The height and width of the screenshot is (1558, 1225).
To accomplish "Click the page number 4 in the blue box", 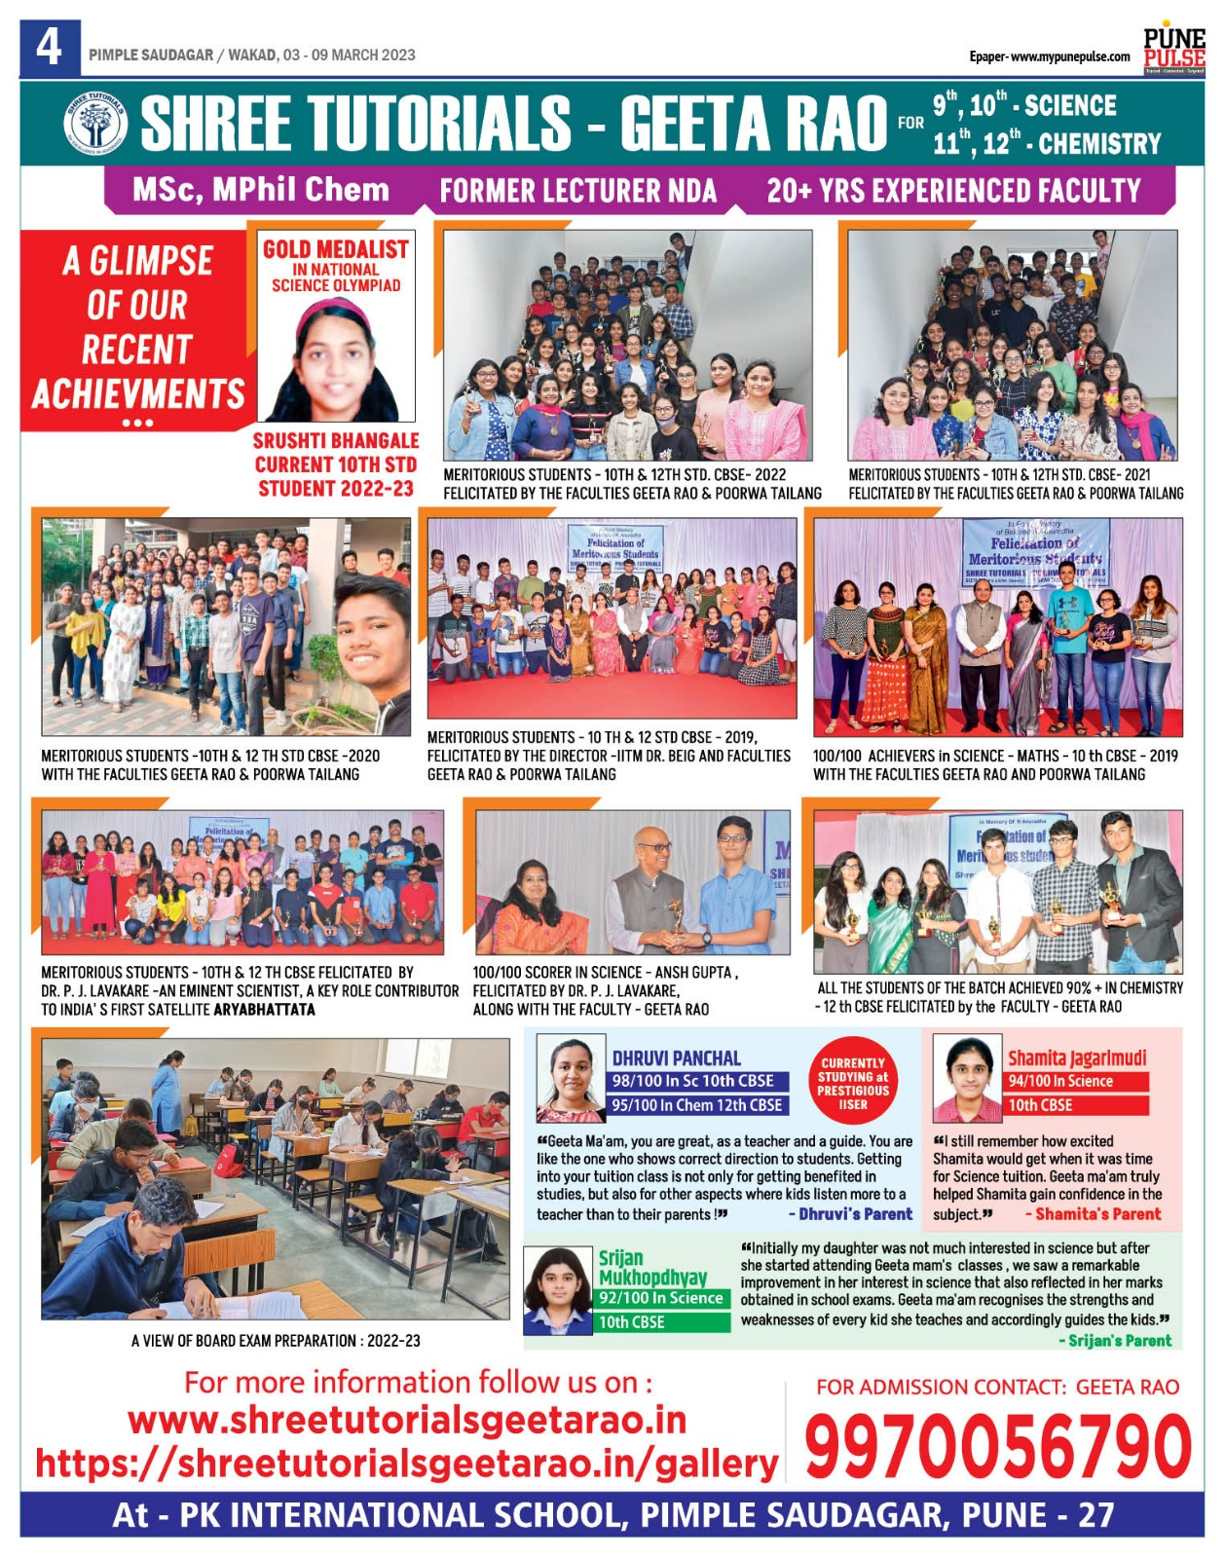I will click(x=50, y=48).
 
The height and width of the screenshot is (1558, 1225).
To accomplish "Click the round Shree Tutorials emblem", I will click(x=94, y=124).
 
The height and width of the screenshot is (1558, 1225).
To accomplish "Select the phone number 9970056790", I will click(x=997, y=1448).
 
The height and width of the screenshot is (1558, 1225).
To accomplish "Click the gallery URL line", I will click(x=406, y=1463).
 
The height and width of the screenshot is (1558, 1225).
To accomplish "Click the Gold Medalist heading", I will click(x=336, y=249).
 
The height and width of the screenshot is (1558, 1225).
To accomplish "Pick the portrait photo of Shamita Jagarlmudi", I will click(x=967, y=1079).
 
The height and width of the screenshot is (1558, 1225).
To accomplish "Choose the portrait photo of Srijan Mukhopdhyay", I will click(x=558, y=1290).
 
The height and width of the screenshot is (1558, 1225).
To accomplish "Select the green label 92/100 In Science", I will click(x=661, y=1298).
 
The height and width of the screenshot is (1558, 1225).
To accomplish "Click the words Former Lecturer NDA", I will click(x=577, y=191).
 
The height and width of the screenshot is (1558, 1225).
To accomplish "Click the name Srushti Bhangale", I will click(x=336, y=441).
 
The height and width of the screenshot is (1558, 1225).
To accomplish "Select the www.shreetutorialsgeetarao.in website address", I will click(x=407, y=1421).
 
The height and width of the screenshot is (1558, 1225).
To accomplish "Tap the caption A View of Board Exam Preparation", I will click(x=276, y=1341).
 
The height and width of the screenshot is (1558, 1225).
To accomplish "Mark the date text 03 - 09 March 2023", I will click(x=350, y=56).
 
